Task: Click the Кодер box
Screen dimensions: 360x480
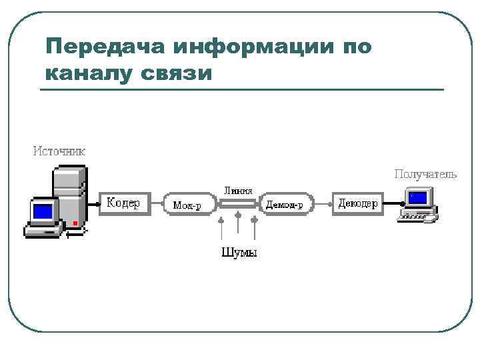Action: [x=123, y=203]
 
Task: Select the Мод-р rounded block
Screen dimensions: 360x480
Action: [x=189, y=205]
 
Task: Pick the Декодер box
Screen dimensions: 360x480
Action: [x=357, y=203]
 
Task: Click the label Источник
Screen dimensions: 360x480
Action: [x=60, y=151]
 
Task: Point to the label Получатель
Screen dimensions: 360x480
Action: [x=425, y=174]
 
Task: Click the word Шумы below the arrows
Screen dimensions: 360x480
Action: [x=239, y=252]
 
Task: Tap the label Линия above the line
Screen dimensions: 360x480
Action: [x=238, y=189]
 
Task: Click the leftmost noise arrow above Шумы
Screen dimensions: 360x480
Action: [x=221, y=227]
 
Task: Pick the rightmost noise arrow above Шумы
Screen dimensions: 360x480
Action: [x=255, y=227]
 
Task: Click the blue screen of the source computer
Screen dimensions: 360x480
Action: [x=43, y=212]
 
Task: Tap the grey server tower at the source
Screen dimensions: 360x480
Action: [x=69, y=193]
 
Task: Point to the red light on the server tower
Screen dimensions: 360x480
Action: [x=75, y=223]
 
